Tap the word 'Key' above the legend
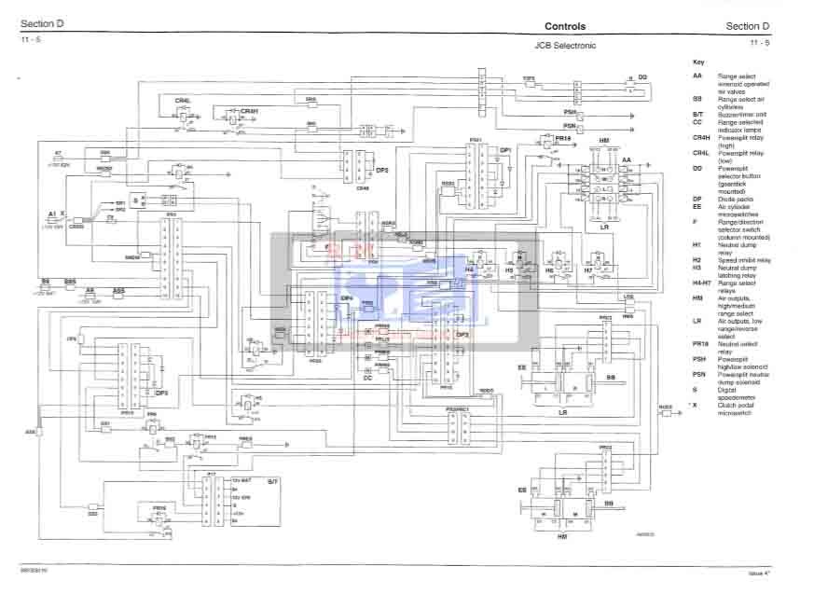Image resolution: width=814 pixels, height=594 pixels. (x=698, y=62)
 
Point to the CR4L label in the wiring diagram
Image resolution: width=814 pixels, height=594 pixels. (x=183, y=100)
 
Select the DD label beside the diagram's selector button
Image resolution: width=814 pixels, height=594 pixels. (x=642, y=76)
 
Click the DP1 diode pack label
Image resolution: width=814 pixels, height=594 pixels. (x=506, y=150)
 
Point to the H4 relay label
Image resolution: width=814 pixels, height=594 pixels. (x=470, y=269)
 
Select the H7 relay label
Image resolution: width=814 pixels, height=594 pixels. (x=588, y=269)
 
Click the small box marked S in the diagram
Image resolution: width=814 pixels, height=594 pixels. (x=135, y=200)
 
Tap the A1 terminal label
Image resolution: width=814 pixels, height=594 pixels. (x=53, y=214)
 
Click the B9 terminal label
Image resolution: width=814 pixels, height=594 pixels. (x=45, y=280)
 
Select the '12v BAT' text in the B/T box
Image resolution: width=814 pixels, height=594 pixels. (x=241, y=479)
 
